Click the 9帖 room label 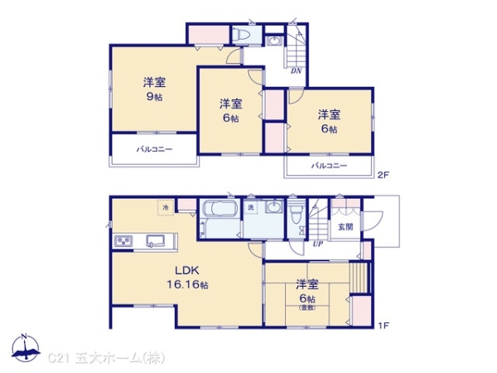(x=152, y=89)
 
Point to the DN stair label (x=296, y=70)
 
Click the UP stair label (x=318, y=244)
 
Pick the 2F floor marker (x=383, y=175)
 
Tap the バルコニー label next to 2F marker (x=330, y=167)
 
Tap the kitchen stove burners (x=124, y=241)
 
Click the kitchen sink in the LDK (x=157, y=241)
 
